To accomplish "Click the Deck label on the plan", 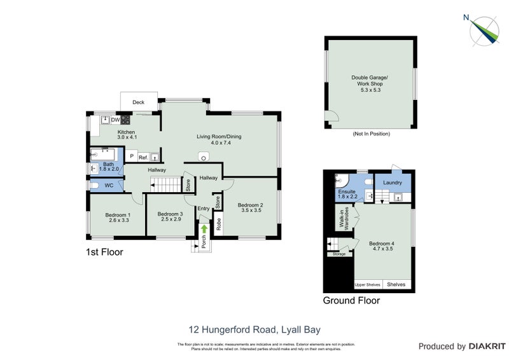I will (x=138, y=102).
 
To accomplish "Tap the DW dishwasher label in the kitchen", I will (x=115, y=120).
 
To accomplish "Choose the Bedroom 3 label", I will (x=170, y=217).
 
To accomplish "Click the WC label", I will (x=109, y=186).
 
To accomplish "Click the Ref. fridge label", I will (x=143, y=156).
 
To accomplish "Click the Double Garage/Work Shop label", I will (x=369, y=81).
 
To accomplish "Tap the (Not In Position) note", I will (x=371, y=134).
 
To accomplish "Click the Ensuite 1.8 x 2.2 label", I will (x=347, y=194).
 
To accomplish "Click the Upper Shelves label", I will (x=367, y=284).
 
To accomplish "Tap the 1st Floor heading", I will (x=104, y=252).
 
